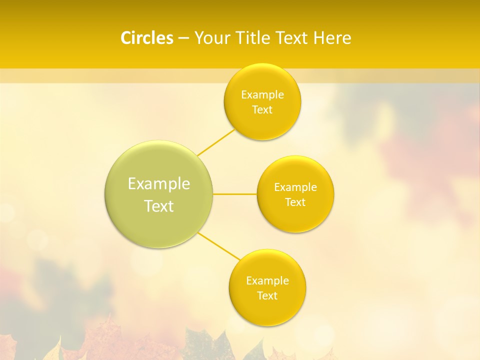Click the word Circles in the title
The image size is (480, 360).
coord(146,38)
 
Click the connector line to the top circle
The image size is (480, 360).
coord(216,142)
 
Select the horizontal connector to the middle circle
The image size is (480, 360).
coord(235,193)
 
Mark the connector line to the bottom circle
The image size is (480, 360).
coord(219,246)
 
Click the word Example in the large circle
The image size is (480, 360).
coord(159,184)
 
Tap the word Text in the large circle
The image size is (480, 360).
coord(159,206)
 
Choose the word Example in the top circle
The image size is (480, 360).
coord(262,95)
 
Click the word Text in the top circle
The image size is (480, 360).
coord(262,110)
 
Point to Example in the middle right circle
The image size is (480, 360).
coord(295,187)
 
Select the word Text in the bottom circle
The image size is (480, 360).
coord(267,296)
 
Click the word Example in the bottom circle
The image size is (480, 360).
coord(267,281)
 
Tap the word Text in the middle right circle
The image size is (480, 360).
coord(295,202)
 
